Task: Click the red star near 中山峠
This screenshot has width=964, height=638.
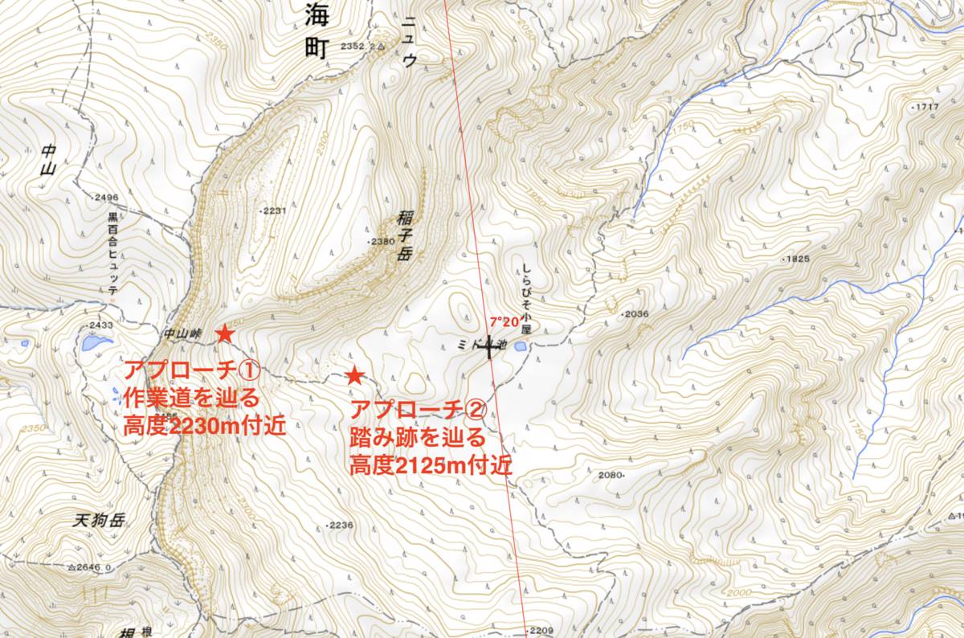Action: pyautogui.click(x=226, y=333)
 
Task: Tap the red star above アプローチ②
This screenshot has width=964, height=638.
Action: pyautogui.click(x=354, y=375)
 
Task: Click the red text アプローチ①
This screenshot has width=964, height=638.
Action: pyautogui.click(x=190, y=371)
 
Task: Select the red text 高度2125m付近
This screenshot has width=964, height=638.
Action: pyautogui.click(x=431, y=465)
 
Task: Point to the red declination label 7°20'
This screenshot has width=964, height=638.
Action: pyautogui.click(x=504, y=321)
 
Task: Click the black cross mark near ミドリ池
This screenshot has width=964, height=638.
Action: pyautogui.click(x=489, y=347)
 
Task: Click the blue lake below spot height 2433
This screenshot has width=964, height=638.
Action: pyautogui.click(x=96, y=343)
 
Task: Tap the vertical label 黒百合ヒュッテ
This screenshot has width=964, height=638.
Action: pyautogui.click(x=113, y=253)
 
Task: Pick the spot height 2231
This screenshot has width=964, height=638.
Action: pyautogui.click(x=273, y=211)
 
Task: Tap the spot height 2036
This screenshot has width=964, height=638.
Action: pyautogui.click(x=635, y=313)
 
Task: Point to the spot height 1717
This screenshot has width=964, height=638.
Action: pyautogui.click(x=926, y=107)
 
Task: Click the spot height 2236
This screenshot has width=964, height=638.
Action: pyautogui.click(x=341, y=526)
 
